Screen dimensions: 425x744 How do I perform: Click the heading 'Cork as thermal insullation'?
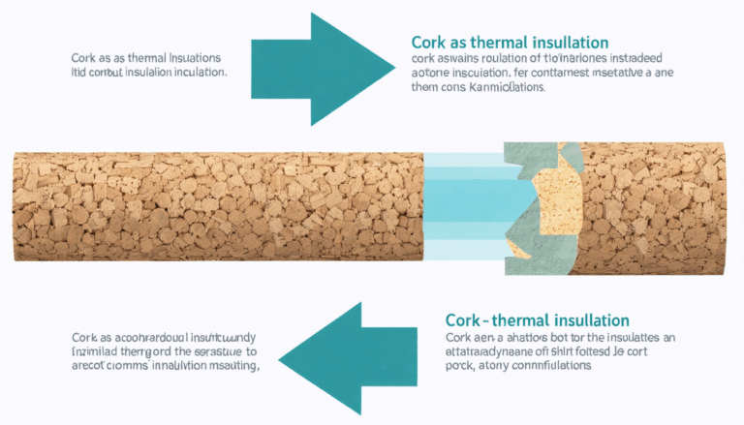pyautogui.click(x=510, y=43)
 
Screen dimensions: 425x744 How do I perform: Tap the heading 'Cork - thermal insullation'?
pyautogui.click(x=537, y=319)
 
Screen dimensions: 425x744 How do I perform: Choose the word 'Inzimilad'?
pyautogui.click(x=100, y=352)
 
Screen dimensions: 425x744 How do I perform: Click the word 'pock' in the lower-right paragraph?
pyautogui.click(x=461, y=367)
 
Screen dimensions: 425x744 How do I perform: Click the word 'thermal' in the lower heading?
pyautogui.click(x=539, y=319)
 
